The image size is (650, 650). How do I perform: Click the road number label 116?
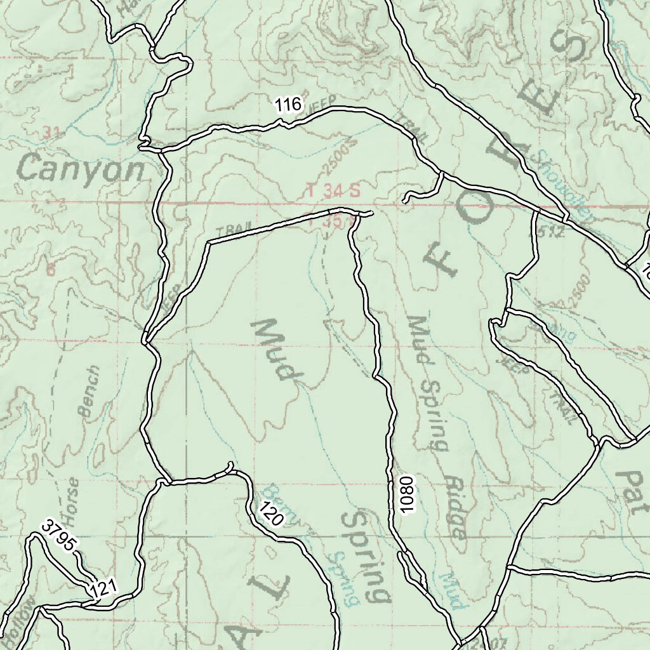(288, 105)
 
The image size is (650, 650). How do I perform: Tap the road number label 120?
(271, 513)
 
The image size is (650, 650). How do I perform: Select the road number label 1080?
(407, 494)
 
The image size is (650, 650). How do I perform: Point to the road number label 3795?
(60, 534)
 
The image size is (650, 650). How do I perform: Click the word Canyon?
(81, 169)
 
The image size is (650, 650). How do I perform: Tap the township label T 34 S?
(333, 189)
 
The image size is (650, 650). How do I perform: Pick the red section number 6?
(50, 269)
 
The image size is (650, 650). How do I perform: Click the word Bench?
(90, 390)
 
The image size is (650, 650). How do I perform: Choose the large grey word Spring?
(367, 555)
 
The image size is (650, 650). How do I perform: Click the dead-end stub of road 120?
(230, 465)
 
